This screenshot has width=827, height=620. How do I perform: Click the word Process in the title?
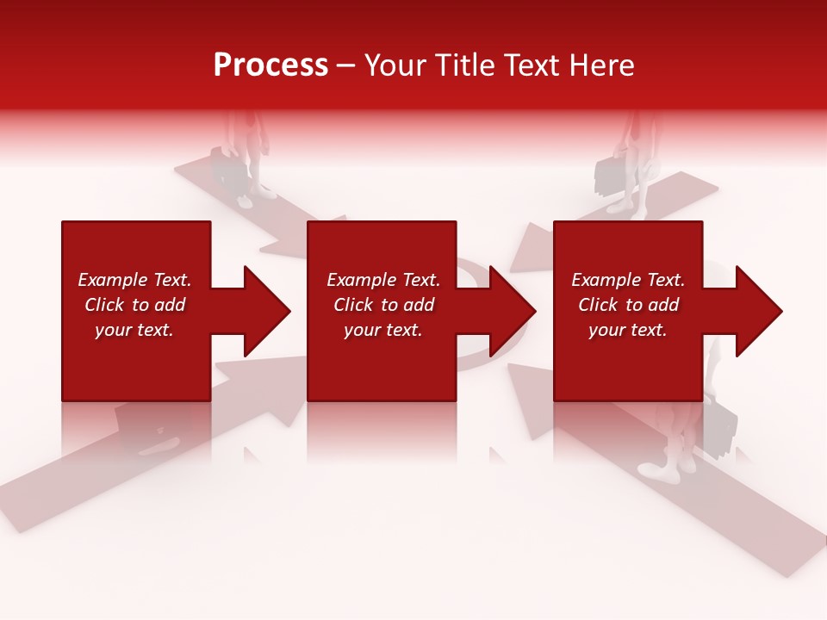coord(270,65)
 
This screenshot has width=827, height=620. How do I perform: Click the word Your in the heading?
coord(397,65)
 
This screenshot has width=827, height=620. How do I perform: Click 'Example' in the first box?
coord(112,280)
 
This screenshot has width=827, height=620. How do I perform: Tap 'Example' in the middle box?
coord(361,280)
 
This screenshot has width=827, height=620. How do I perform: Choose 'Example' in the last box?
coord(606,280)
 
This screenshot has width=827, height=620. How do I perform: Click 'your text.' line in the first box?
coord(134,330)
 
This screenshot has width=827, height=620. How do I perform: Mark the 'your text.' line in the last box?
coord(628,330)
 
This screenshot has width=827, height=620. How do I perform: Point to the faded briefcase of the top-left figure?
coord(227,168)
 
